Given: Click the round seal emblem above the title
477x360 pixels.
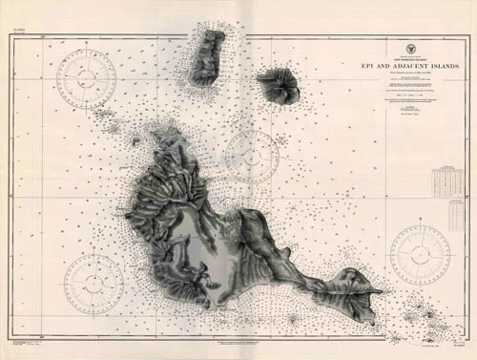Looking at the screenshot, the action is (396, 32).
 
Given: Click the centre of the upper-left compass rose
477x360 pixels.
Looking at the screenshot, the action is (87, 80).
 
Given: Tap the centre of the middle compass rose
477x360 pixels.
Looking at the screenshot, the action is (253, 155).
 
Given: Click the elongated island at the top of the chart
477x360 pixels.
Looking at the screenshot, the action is (206, 59).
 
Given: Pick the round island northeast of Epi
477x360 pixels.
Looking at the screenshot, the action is (278, 87).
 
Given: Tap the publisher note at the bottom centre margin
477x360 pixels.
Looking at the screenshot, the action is (238, 341).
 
